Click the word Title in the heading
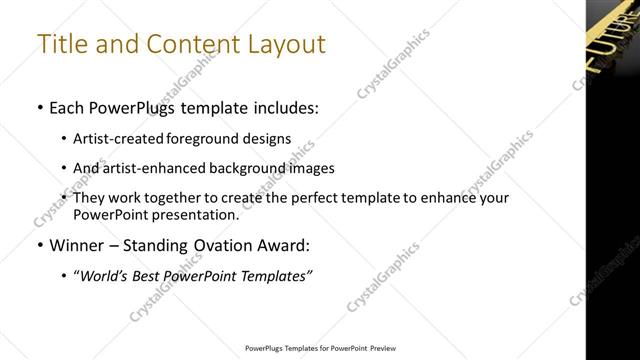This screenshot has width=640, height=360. pyautogui.click(x=61, y=44)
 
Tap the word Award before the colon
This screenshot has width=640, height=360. pyautogui.click(x=280, y=245)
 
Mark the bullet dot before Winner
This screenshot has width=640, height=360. pyautogui.click(x=39, y=246)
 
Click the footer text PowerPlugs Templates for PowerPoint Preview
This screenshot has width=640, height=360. pyautogui.click(x=320, y=349)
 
